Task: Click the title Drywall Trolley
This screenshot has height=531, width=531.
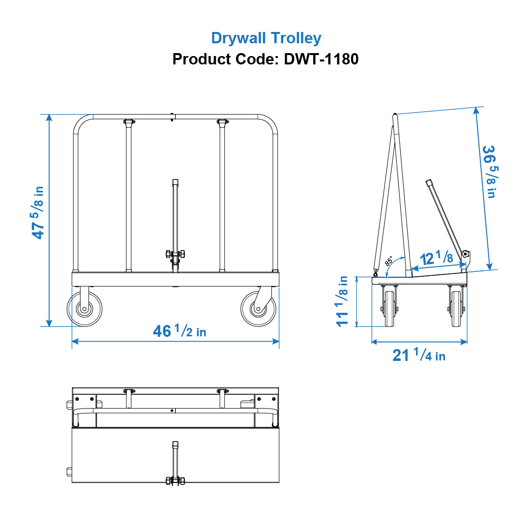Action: point(266,38)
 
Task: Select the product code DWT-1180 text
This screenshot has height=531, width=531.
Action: point(265,59)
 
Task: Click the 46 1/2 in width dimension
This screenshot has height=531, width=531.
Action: point(179,331)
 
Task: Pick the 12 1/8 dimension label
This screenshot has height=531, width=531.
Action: point(436,257)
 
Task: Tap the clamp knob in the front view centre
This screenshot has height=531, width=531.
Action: point(175,254)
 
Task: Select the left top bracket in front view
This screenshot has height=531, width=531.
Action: point(128,121)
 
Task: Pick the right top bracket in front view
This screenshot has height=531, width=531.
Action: point(222,121)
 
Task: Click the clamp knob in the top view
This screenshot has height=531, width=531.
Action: point(175,480)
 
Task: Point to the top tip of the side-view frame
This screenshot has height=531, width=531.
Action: point(395,116)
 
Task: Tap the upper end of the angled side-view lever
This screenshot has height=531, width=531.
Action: point(429,182)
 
